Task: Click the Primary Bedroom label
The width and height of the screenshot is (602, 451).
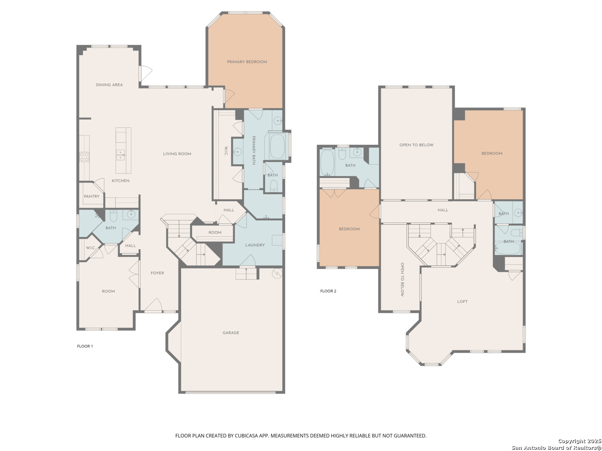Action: coord(247,62)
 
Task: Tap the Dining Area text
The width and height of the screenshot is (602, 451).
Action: coord(109,85)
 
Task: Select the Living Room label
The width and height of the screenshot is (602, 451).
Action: coord(177,154)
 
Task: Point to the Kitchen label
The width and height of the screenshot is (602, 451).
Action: coord(120,181)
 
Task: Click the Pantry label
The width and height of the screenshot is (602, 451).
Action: coord(92,196)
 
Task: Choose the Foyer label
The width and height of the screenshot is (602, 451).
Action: coord(157,273)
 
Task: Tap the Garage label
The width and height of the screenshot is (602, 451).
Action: coord(231,333)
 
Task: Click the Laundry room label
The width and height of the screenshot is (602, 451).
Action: coord(255,245)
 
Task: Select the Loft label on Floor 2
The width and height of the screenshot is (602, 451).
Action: coord(462,302)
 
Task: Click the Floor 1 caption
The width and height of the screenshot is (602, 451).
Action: coord(85,346)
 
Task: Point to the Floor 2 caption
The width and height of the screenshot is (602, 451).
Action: coord(328,291)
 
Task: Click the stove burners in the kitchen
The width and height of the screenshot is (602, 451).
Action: coord(84,157)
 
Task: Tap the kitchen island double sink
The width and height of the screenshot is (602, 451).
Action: coord(120,155)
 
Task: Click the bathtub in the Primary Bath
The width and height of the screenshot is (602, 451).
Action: coord(277,146)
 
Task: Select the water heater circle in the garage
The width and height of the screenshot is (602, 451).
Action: coord(277,273)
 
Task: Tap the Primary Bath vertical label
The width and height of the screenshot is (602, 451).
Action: coord(253,150)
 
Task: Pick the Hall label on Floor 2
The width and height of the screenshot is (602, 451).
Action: coord(443,210)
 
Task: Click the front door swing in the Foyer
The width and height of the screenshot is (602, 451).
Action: coord(153,305)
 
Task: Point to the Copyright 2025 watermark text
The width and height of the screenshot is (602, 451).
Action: coord(579,441)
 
